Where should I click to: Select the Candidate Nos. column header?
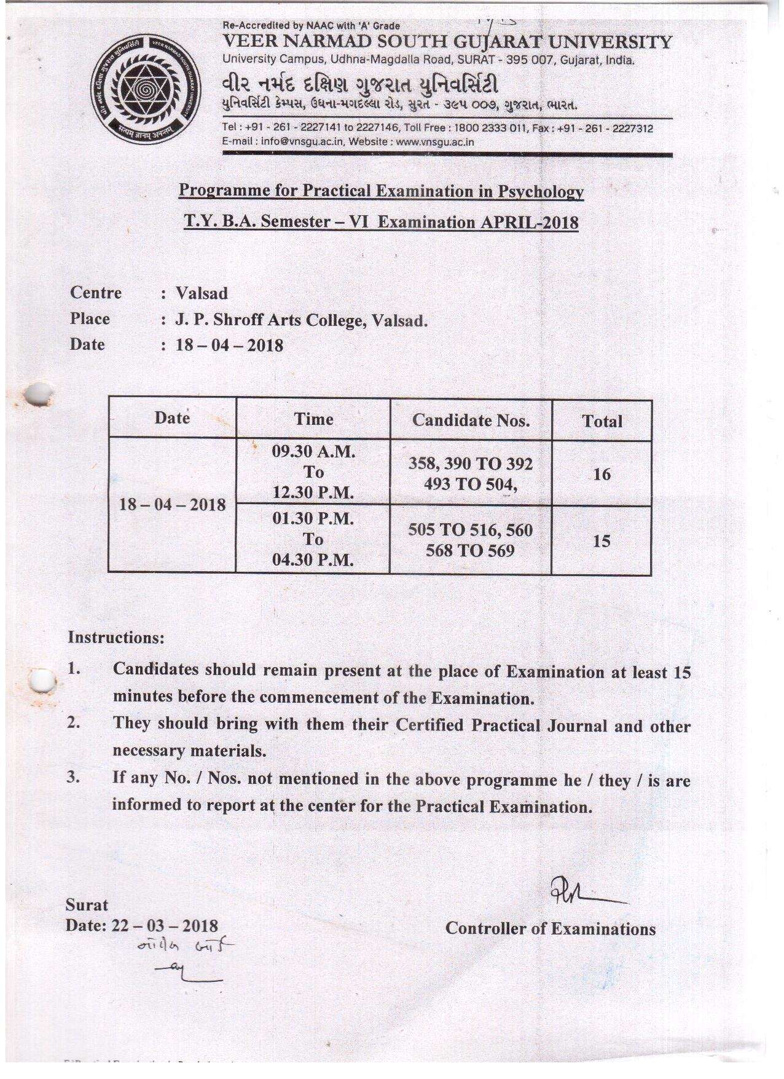(471, 421)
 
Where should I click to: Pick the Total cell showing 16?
(602, 474)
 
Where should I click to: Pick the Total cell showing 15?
(602, 541)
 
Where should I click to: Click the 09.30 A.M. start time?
(313, 452)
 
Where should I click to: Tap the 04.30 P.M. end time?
(313, 560)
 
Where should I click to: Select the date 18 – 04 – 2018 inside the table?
(173, 505)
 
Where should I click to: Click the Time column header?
(313, 419)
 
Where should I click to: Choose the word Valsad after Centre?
(202, 293)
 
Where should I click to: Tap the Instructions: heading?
(116, 638)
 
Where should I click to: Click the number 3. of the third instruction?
(74, 777)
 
